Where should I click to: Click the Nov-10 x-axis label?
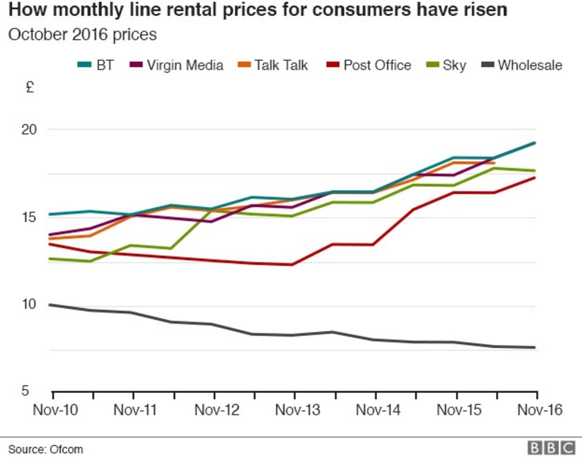point(53,410)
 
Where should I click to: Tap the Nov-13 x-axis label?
point(295,410)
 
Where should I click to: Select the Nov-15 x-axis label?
point(457,410)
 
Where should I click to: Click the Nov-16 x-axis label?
point(536,410)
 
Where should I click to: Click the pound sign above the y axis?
point(30,88)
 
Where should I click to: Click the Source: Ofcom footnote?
point(45,449)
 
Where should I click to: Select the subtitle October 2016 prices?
point(82,35)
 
